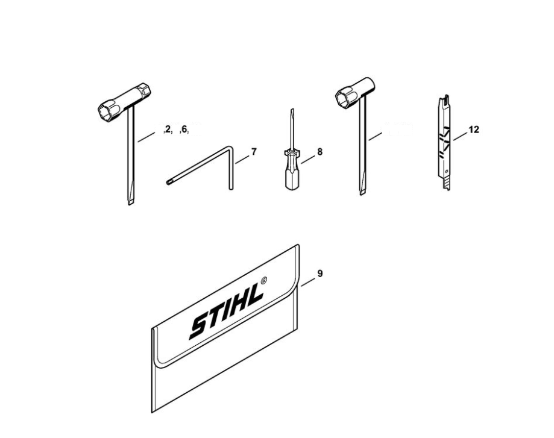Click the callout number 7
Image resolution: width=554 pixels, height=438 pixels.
(254, 152)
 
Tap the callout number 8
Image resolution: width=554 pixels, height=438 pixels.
(319, 152)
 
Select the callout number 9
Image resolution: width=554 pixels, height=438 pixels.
(320, 274)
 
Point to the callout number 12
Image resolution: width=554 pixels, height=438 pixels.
(474, 130)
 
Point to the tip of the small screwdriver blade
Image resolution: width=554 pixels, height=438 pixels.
(292, 110)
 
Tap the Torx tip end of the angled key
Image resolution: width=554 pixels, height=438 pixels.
(168, 183)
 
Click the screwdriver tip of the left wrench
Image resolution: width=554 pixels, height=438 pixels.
(130, 202)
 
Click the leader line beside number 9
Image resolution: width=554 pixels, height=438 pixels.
(307, 281)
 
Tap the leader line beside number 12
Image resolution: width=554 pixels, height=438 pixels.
(461, 136)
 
